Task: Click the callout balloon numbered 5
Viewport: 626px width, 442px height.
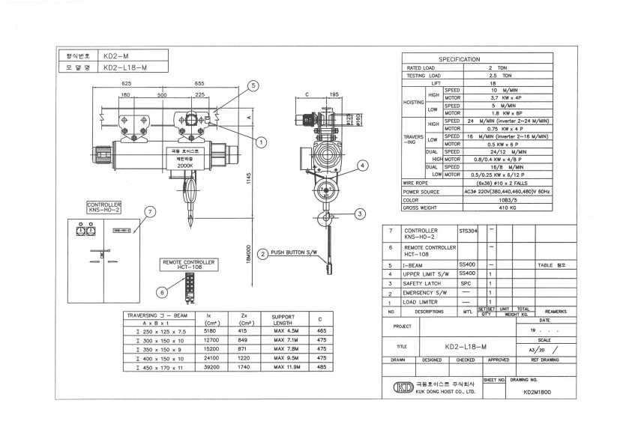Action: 253,86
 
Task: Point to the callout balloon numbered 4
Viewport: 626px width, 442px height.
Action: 362,166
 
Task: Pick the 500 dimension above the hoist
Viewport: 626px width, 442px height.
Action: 162,95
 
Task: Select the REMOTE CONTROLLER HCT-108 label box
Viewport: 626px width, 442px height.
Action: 188,264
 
